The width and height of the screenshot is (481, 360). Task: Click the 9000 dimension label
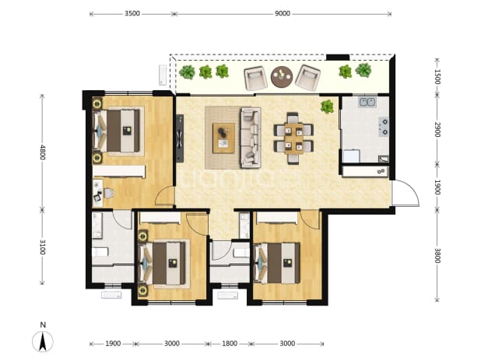point(283,13)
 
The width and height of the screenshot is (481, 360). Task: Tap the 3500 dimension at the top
point(132,13)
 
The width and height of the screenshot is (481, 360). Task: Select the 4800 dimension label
point(42,152)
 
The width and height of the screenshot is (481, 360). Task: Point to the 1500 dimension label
point(437,77)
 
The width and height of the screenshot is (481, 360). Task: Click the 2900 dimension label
point(437,130)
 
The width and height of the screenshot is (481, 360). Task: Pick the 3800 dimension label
point(437,255)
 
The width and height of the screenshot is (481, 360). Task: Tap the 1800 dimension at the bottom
point(230,344)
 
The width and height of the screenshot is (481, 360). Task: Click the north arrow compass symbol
point(43,341)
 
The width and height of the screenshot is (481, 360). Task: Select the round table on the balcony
point(282,77)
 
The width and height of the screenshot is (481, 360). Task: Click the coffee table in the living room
point(224,138)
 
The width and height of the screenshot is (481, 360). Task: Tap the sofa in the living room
point(251,138)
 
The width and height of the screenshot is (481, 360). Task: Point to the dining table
point(293,138)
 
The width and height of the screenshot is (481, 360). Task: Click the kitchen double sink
point(367,102)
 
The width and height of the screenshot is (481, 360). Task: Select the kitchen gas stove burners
point(384,127)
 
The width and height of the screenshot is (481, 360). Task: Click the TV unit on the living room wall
point(180,138)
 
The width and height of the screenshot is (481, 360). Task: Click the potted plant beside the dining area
point(328,107)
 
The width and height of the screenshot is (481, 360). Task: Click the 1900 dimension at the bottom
point(113,344)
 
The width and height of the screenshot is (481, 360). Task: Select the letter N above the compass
point(43,325)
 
